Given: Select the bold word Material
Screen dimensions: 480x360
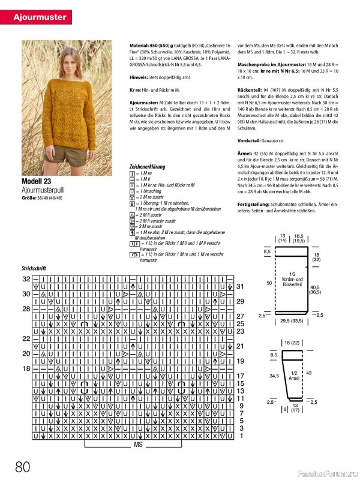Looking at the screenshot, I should coord(140,46).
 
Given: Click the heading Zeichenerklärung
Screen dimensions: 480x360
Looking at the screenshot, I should coord(150,166).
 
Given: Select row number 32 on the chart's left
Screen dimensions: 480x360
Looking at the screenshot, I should coord(26,280).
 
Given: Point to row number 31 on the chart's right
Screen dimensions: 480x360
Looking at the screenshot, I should coord(239,287).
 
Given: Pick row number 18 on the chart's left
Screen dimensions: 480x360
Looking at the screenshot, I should coord(26,368).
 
